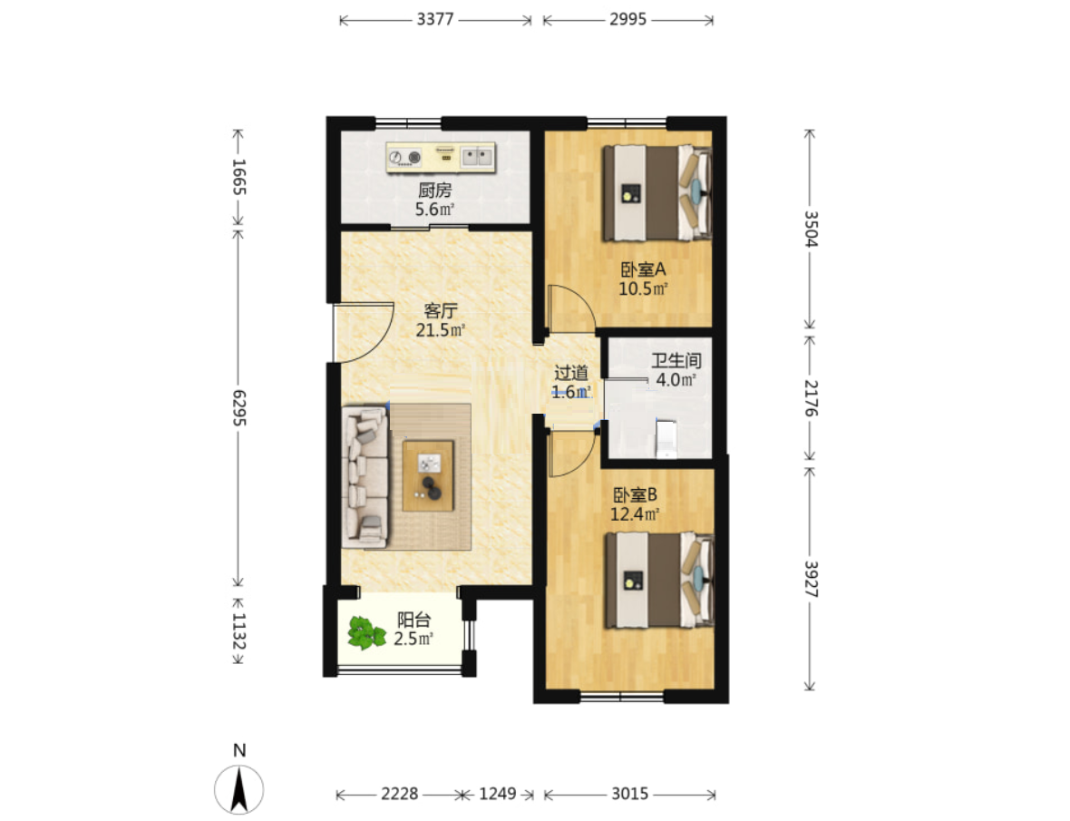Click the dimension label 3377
[x=435, y=19]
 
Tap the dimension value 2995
[x=627, y=19]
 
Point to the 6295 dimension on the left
[x=238, y=408]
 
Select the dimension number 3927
[x=810, y=579]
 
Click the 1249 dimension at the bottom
[x=498, y=794]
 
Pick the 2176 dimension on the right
[x=810, y=398]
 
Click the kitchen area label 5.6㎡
[x=434, y=210]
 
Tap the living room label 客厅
[x=440, y=311]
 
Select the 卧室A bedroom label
[x=643, y=269]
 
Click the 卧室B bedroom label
[x=635, y=494]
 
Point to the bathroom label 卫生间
[x=676, y=360]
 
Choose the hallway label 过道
[x=571, y=373]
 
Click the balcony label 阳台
[x=414, y=620]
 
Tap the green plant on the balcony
[x=366, y=632]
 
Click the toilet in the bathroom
[x=666, y=439]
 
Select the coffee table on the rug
[x=428, y=475]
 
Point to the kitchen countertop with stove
[x=440, y=158]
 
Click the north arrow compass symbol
[x=238, y=789]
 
